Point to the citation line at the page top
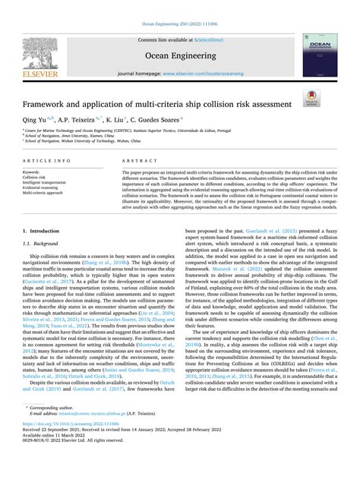click(180, 5)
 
